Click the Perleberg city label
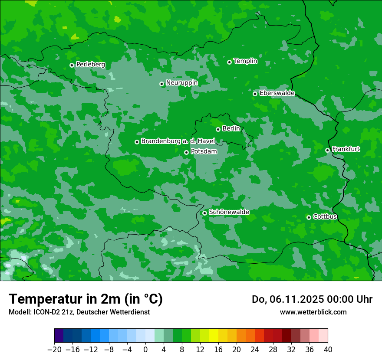pos(90,65)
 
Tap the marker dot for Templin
pos(229,62)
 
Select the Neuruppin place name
pos(181,83)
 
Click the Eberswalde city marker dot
pos(255,94)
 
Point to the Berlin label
pos(231,129)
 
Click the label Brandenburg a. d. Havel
pos(178,141)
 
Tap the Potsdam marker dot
pos(186,152)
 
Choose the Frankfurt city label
pos(346,149)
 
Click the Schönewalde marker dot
pos(204,213)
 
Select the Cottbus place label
pos(325,217)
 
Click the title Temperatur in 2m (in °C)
pos(86,299)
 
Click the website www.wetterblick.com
pos(313,312)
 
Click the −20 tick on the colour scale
pos(54,350)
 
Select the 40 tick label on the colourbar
pos(328,350)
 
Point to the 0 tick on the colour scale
pos(145,350)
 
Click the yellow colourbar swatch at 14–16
pos(214,336)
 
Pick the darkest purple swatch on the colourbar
pos(59,336)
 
